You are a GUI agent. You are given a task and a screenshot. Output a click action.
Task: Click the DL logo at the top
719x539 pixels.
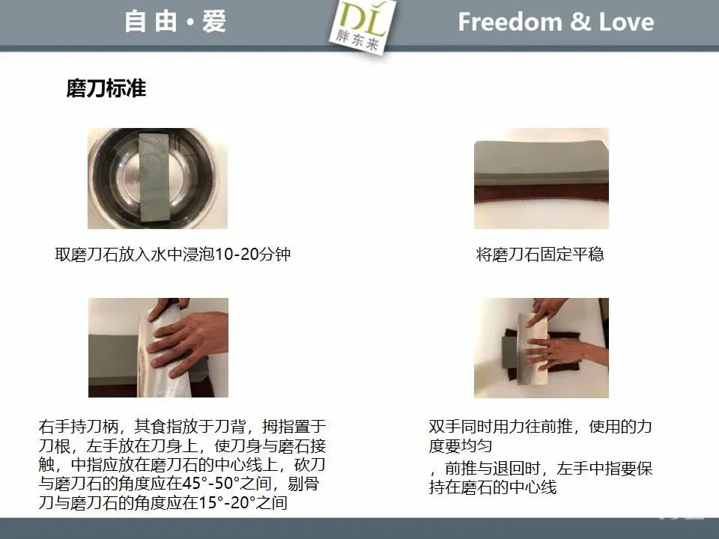[362, 25]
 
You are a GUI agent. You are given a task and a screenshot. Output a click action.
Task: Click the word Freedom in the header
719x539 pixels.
[510, 22]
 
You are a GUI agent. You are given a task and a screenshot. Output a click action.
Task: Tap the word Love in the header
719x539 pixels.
[626, 22]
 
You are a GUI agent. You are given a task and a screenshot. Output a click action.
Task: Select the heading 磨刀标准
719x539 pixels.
[106, 88]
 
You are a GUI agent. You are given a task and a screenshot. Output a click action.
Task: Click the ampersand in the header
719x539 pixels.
[580, 22]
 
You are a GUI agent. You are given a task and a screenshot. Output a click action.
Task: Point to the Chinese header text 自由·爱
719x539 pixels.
[175, 22]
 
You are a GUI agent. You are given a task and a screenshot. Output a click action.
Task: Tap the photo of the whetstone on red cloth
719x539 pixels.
[541, 178]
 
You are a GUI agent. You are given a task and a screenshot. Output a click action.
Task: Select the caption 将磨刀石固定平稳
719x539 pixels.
[540, 254]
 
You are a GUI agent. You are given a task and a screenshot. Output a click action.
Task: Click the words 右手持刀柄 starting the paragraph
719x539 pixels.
[79, 427]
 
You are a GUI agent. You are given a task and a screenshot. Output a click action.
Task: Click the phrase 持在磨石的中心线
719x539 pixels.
[493, 487]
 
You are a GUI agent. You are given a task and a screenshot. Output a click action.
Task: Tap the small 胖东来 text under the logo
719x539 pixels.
[357, 40]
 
